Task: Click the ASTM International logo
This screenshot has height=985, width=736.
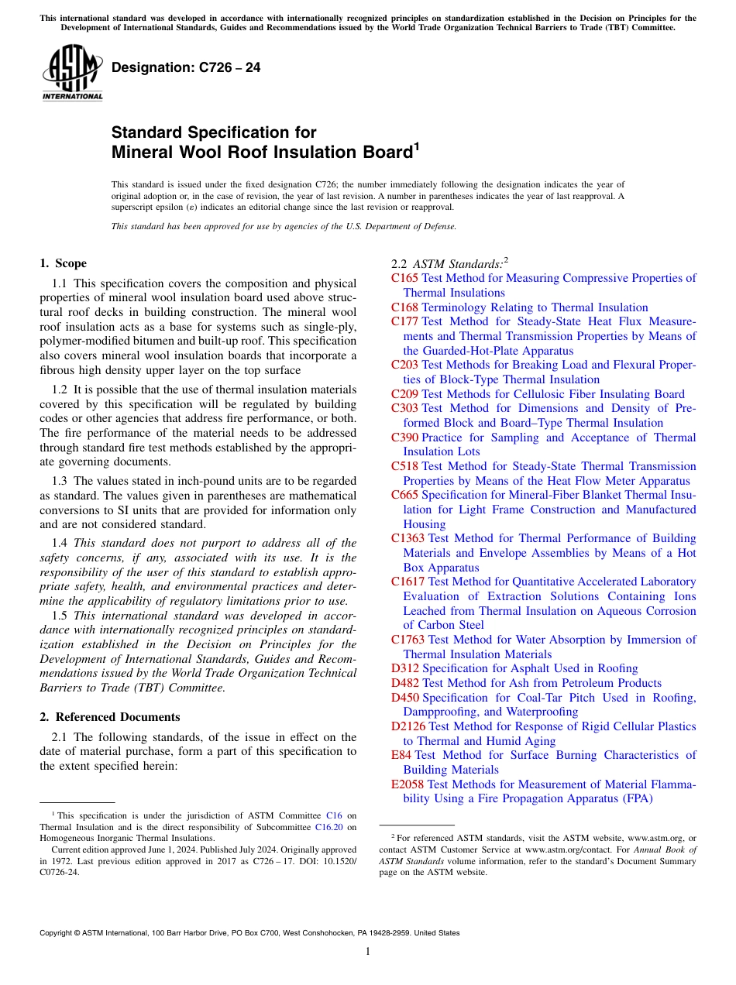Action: (72, 73)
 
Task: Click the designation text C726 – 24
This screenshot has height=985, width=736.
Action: (186, 68)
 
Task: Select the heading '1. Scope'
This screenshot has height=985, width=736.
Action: (64, 263)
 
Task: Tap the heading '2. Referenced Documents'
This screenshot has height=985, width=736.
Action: (110, 717)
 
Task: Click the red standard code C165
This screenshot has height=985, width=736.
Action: (404, 278)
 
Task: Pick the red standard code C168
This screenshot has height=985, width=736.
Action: (404, 307)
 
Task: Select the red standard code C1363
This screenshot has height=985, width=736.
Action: (408, 538)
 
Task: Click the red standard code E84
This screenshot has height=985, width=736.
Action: (401, 755)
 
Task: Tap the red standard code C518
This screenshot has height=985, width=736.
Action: (404, 466)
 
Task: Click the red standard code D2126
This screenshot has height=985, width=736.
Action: (408, 726)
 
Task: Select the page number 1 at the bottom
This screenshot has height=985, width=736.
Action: (368, 952)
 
